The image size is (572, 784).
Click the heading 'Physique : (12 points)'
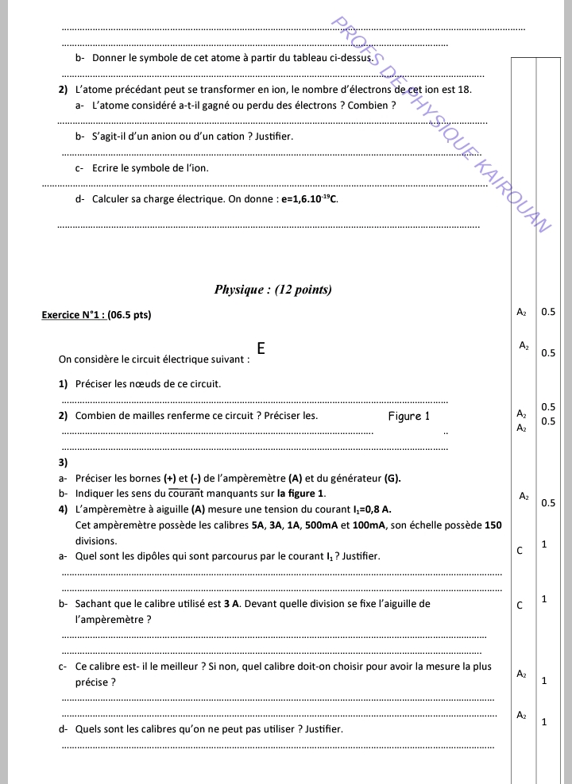click(272, 290)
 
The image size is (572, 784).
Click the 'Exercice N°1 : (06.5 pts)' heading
click(96, 315)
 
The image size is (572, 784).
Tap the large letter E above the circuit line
click(261, 348)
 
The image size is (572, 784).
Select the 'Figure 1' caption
click(408, 416)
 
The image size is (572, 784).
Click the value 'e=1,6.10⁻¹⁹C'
click(309, 199)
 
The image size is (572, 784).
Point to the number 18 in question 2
click(466, 89)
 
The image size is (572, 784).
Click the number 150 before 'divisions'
click(493, 525)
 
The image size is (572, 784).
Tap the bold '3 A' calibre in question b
click(231, 604)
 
